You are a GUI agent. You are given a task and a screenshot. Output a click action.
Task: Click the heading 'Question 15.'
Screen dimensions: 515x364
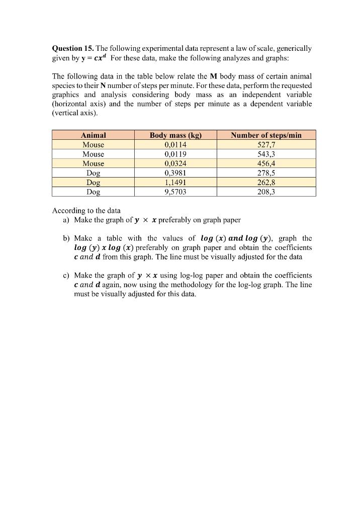(73, 49)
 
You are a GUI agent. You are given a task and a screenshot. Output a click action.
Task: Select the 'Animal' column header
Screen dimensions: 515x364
(94, 135)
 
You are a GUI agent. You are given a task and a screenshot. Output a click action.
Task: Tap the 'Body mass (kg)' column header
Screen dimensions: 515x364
(175, 135)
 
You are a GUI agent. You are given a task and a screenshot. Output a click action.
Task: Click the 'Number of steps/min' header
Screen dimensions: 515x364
(266, 135)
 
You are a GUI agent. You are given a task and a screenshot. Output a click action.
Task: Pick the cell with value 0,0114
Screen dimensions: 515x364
(175, 144)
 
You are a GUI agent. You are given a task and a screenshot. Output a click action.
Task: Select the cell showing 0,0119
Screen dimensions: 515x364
(175, 154)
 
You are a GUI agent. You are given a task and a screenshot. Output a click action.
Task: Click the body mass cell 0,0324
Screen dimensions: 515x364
(175, 163)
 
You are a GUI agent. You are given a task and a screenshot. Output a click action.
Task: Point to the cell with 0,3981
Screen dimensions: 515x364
(175, 173)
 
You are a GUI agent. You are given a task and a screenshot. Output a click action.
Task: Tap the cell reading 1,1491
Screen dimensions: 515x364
(175, 183)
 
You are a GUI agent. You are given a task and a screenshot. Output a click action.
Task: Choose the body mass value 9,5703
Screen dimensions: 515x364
(175, 192)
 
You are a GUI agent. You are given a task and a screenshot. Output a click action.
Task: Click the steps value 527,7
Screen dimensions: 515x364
(266, 144)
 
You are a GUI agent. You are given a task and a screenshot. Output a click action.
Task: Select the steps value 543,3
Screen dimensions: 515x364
(266, 154)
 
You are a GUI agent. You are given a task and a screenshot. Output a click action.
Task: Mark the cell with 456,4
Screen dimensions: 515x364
(266, 163)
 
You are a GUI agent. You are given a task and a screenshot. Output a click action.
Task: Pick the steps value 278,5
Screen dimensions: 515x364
(266, 173)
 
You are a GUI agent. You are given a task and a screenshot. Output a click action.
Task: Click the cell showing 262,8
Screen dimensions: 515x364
(266, 183)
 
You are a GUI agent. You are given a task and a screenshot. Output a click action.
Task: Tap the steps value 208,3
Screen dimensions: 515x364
(266, 192)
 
